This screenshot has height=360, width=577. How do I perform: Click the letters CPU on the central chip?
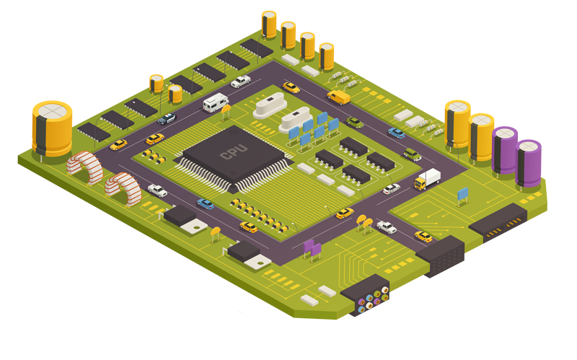233,152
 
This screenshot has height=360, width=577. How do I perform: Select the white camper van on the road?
216,102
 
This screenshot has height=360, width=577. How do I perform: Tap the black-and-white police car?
167,118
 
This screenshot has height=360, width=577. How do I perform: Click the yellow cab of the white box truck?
420,183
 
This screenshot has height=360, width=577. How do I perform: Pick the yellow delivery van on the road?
338,97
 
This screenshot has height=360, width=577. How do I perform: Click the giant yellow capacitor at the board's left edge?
52,128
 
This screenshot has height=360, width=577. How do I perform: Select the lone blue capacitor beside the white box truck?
462,196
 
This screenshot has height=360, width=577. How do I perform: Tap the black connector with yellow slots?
498,222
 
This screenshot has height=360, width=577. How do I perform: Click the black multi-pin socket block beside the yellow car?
441,256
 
